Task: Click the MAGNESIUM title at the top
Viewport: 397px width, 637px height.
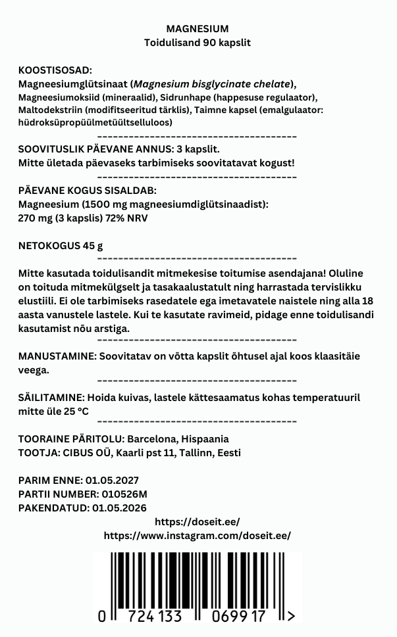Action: (x=198, y=29)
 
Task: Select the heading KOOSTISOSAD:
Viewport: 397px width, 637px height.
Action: (x=55, y=70)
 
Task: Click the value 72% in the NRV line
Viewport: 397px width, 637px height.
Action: (x=120, y=218)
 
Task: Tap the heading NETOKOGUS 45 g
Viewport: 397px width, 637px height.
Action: (x=61, y=247)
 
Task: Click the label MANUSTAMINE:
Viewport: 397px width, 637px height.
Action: (x=57, y=356)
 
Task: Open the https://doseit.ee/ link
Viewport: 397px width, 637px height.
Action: (x=198, y=521)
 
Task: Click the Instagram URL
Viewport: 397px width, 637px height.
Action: (x=198, y=535)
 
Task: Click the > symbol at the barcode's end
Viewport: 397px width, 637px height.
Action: (x=291, y=616)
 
